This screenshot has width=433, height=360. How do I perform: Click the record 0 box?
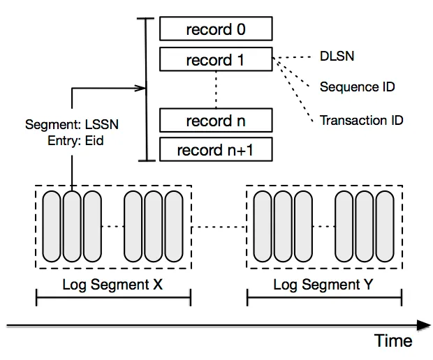216,29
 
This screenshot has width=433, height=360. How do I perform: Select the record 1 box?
216,60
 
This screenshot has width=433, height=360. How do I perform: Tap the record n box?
216,121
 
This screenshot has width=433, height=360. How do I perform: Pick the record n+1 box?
216,150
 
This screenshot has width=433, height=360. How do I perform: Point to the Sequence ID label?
357,87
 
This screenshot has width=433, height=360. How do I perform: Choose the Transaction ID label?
361,120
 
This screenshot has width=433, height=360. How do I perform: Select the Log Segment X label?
112,285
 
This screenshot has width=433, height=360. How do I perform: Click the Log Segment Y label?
323,285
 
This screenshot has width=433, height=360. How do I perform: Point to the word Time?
393,340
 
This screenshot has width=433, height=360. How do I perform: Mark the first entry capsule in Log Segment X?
53,226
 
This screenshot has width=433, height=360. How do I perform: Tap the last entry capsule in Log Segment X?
174,226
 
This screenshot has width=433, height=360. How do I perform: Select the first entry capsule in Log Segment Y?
263,226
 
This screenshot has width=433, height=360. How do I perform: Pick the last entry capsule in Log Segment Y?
385,226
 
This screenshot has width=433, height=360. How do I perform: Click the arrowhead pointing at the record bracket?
142,89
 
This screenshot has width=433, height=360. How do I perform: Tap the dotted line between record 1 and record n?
216,90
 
